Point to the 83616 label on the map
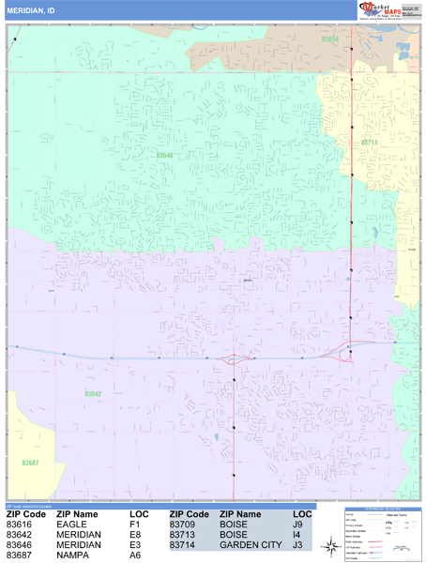tap(329, 39)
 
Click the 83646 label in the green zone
tap(165, 156)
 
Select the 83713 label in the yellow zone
tap(369, 143)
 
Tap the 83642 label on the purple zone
tap(93, 394)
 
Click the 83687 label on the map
tap(30, 463)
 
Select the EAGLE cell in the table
tap(72, 525)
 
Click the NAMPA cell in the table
tap(73, 555)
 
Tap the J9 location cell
tap(298, 525)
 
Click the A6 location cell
tap(135, 555)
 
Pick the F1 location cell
tap(134, 525)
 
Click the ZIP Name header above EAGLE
tap(77, 514)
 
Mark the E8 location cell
tap(135, 535)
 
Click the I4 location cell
tap(297, 535)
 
